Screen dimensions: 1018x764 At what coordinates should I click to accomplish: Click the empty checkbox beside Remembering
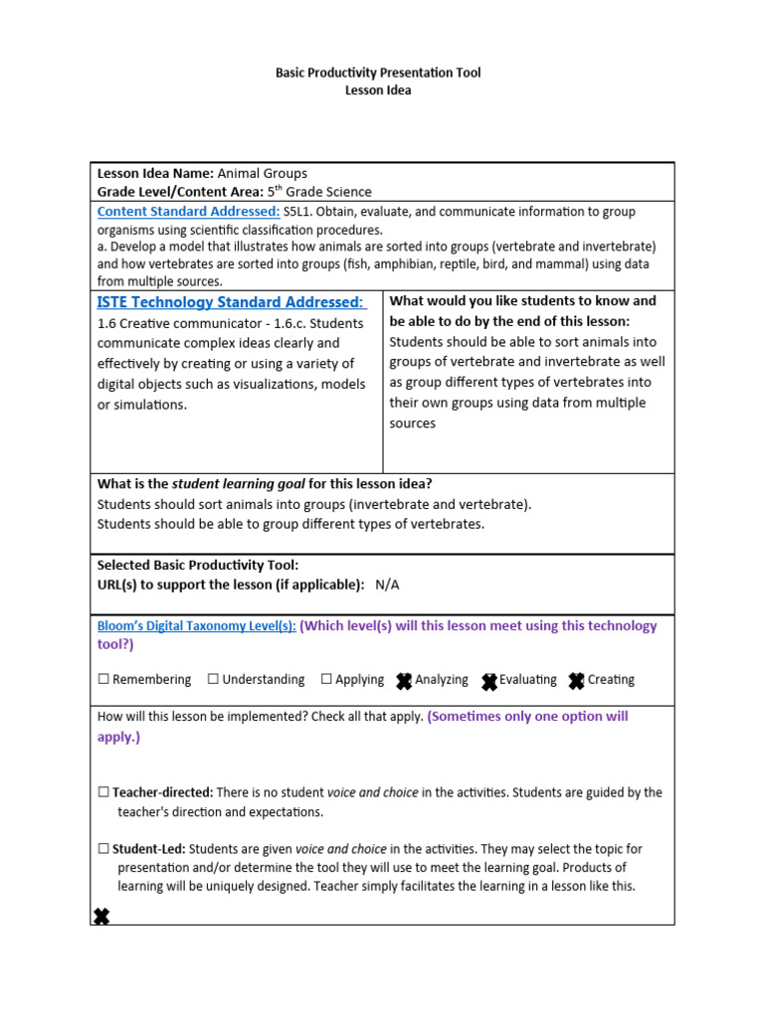pos(103,680)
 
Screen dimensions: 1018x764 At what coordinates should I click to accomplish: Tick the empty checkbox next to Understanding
pos(213,680)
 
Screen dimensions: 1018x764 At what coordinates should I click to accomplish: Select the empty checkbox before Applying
pos(326,680)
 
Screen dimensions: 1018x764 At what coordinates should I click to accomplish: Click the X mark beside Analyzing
pos(404,681)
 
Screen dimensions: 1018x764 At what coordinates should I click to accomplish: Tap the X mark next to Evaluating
pos(489,681)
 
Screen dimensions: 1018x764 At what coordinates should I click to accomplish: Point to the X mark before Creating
pos(577,681)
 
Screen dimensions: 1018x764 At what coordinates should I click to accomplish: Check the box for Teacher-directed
pos(103,793)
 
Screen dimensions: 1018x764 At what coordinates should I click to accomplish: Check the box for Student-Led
pos(103,850)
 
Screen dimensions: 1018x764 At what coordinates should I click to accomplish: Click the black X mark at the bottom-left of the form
pos(101,916)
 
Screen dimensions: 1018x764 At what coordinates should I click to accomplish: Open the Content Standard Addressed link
pos(188,212)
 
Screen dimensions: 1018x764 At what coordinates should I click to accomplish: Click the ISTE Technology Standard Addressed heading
pos(231,302)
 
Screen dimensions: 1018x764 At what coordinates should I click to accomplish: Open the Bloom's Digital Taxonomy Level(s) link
pos(196,626)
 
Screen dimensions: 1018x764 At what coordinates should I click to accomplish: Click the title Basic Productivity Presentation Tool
pos(378,74)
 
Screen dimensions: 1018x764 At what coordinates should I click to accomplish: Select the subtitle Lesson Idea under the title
pos(378,90)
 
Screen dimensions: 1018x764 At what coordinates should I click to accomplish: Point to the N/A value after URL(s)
pos(387,585)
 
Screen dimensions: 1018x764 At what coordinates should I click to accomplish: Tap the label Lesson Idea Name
pos(155,173)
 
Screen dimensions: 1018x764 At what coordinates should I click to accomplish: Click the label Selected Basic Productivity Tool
pos(198,565)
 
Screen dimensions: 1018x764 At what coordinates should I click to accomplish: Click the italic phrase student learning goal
pos(238,484)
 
